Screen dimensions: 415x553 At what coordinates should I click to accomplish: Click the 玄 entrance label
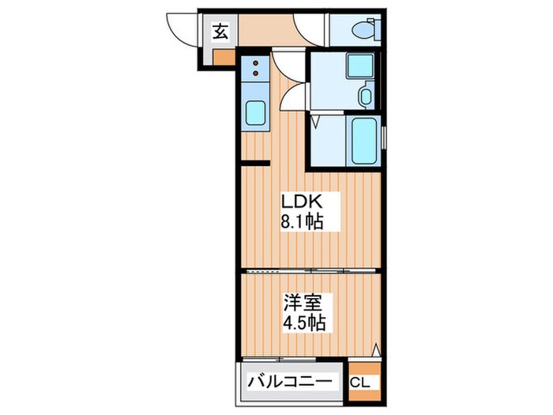(x=221, y=32)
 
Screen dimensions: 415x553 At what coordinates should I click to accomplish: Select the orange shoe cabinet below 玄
(x=223, y=56)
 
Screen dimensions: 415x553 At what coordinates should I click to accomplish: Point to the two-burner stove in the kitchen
(x=257, y=70)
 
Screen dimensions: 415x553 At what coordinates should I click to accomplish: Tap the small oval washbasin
(x=364, y=97)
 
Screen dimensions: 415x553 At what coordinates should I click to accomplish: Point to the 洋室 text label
(x=302, y=303)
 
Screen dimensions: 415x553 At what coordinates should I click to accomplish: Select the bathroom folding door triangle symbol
(x=315, y=123)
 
